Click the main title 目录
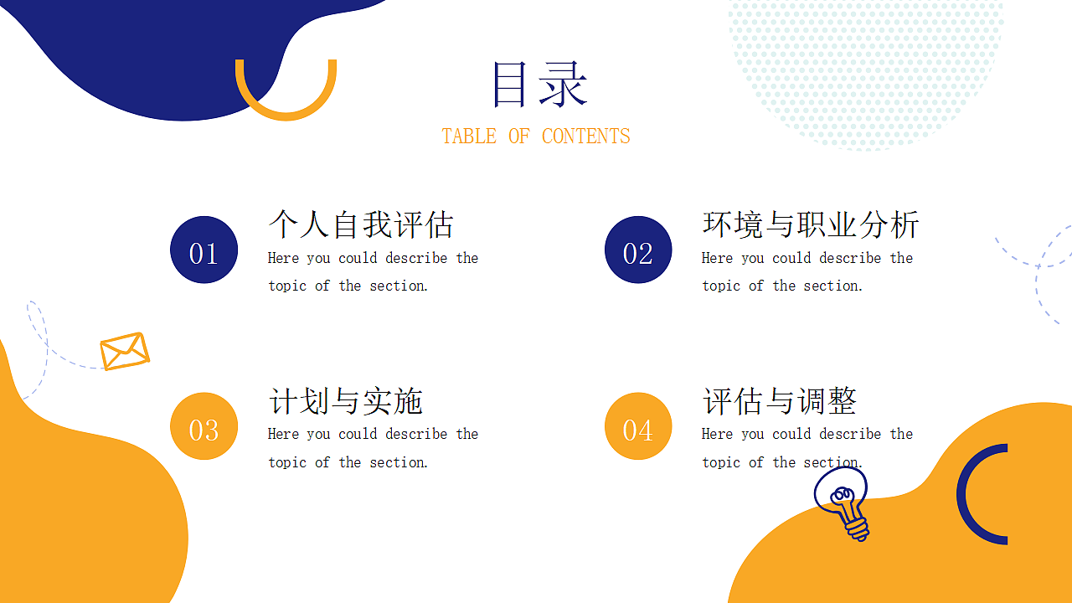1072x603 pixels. tap(539, 85)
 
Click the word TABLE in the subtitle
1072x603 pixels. tap(469, 137)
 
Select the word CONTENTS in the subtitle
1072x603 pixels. tap(585, 137)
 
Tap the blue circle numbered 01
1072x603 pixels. tap(204, 250)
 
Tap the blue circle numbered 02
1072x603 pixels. tap(638, 250)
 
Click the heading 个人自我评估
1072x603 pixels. tap(361, 224)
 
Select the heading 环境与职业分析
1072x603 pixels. tap(810, 224)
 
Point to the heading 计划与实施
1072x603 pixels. tap(345, 401)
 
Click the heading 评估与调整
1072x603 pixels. tap(779, 401)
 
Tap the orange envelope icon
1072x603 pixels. tap(125, 351)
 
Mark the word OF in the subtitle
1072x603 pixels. tap(519, 137)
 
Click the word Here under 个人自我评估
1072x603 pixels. tap(283, 258)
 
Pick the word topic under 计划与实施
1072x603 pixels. tap(287, 462)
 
